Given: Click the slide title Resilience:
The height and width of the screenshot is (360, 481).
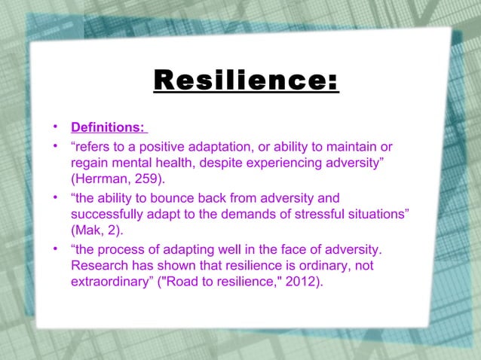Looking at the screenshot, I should coord(246,81).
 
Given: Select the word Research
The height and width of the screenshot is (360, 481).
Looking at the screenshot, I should coord(99,267).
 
